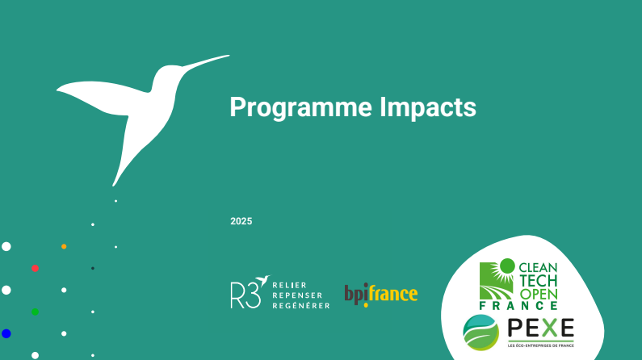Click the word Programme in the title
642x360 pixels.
click(x=301, y=108)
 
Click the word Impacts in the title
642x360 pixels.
click(x=428, y=107)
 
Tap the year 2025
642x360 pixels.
click(x=241, y=221)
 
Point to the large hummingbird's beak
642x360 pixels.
click(x=205, y=62)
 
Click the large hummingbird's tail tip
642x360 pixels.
click(x=114, y=185)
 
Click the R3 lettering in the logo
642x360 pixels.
click(x=245, y=295)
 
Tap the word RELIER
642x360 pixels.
click(x=289, y=285)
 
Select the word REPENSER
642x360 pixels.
click(x=297, y=295)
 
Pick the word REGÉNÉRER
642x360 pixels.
click(x=301, y=305)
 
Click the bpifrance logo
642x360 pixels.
click(x=381, y=295)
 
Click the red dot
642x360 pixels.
click(x=36, y=268)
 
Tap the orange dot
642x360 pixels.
click(x=64, y=247)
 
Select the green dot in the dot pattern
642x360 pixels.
click(x=36, y=312)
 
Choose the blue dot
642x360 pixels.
click(x=6, y=333)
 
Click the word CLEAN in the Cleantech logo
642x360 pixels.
click(x=538, y=268)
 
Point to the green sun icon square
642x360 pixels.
click(x=497, y=280)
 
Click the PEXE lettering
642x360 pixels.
click(x=541, y=328)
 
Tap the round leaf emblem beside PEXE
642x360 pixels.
click(x=481, y=333)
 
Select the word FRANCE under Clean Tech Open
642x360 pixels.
click(x=518, y=306)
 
